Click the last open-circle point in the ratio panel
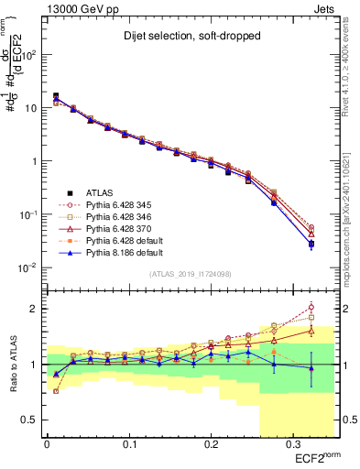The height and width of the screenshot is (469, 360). coord(311,307)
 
